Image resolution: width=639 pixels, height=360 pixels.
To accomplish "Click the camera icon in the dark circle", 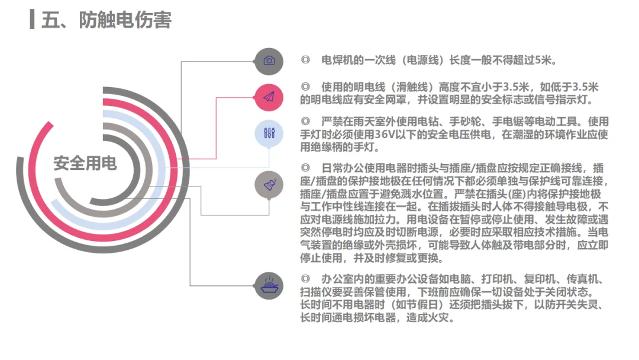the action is coord(269,60).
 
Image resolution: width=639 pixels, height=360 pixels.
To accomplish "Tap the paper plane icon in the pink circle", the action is coord(269,97).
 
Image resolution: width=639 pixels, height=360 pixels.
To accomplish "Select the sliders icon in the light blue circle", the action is coord(269,133).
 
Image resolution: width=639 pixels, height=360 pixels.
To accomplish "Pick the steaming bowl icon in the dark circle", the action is coord(269,285).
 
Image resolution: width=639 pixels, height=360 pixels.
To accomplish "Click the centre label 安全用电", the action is coord(85,163).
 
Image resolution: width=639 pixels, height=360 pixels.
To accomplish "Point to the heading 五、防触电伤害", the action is coord(106,20).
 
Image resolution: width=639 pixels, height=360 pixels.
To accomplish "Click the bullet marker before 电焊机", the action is coord(305,60).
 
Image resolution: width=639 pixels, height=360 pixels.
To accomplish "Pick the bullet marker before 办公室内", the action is coord(305,279).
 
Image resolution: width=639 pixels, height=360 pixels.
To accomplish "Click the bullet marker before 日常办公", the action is coord(305,168).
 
